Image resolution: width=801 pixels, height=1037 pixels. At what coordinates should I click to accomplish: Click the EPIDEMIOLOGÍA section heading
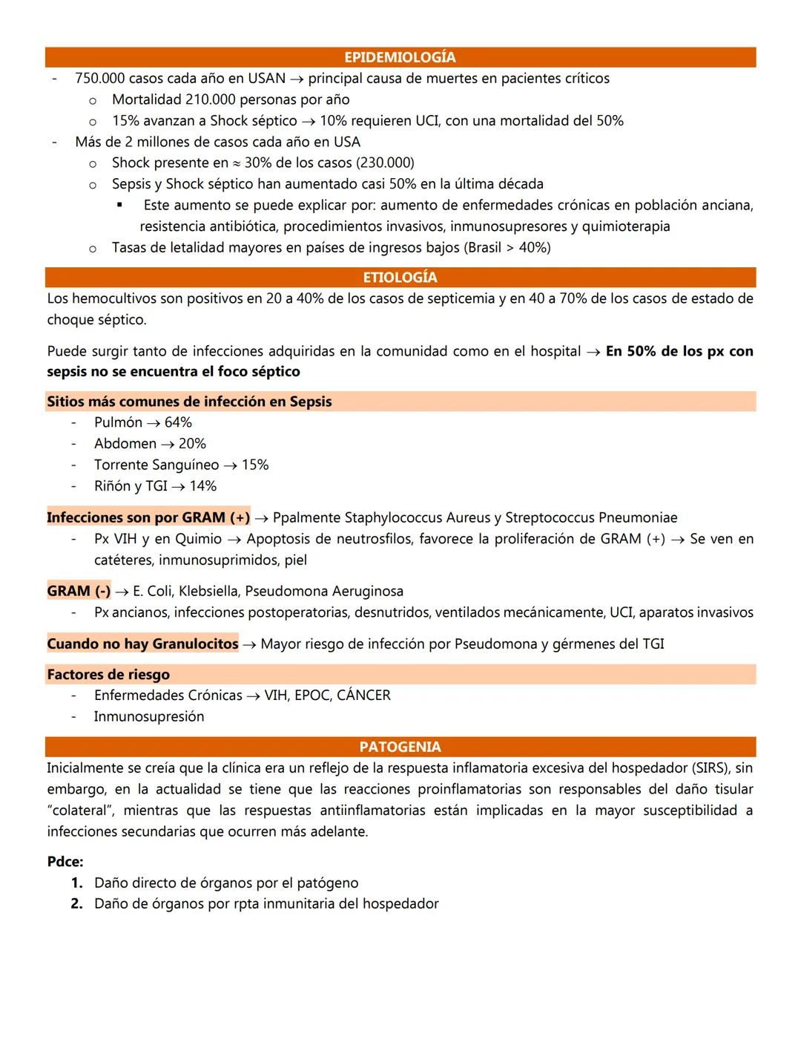click(400, 57)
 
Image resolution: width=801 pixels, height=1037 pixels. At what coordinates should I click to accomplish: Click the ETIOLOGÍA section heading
click(400, 278)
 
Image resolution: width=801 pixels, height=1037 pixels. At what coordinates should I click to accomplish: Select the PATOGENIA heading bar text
click(400, 747)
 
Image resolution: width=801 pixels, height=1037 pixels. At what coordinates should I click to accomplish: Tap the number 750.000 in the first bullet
click(99, 79)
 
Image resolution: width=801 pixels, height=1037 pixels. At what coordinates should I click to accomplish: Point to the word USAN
click(266, 79)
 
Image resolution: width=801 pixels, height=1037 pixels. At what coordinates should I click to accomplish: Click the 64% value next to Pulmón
click(178, 422)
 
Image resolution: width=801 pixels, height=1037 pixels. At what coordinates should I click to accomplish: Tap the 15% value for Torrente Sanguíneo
click(254, 465)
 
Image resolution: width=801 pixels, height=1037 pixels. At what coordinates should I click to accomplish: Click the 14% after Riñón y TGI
click(202, 486)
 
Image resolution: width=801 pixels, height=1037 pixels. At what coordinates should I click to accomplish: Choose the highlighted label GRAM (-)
click(79, 592)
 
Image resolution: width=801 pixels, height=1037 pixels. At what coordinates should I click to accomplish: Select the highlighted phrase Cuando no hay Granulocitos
click(142, 644)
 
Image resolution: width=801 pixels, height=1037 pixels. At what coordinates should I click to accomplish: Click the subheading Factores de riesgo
click(108, 675)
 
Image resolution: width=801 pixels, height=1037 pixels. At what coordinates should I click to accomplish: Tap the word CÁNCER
click(363, 696)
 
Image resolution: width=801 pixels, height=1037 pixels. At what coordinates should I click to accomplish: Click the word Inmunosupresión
click(149, 717)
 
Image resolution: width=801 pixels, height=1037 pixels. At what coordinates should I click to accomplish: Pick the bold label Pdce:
click(65, 862)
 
